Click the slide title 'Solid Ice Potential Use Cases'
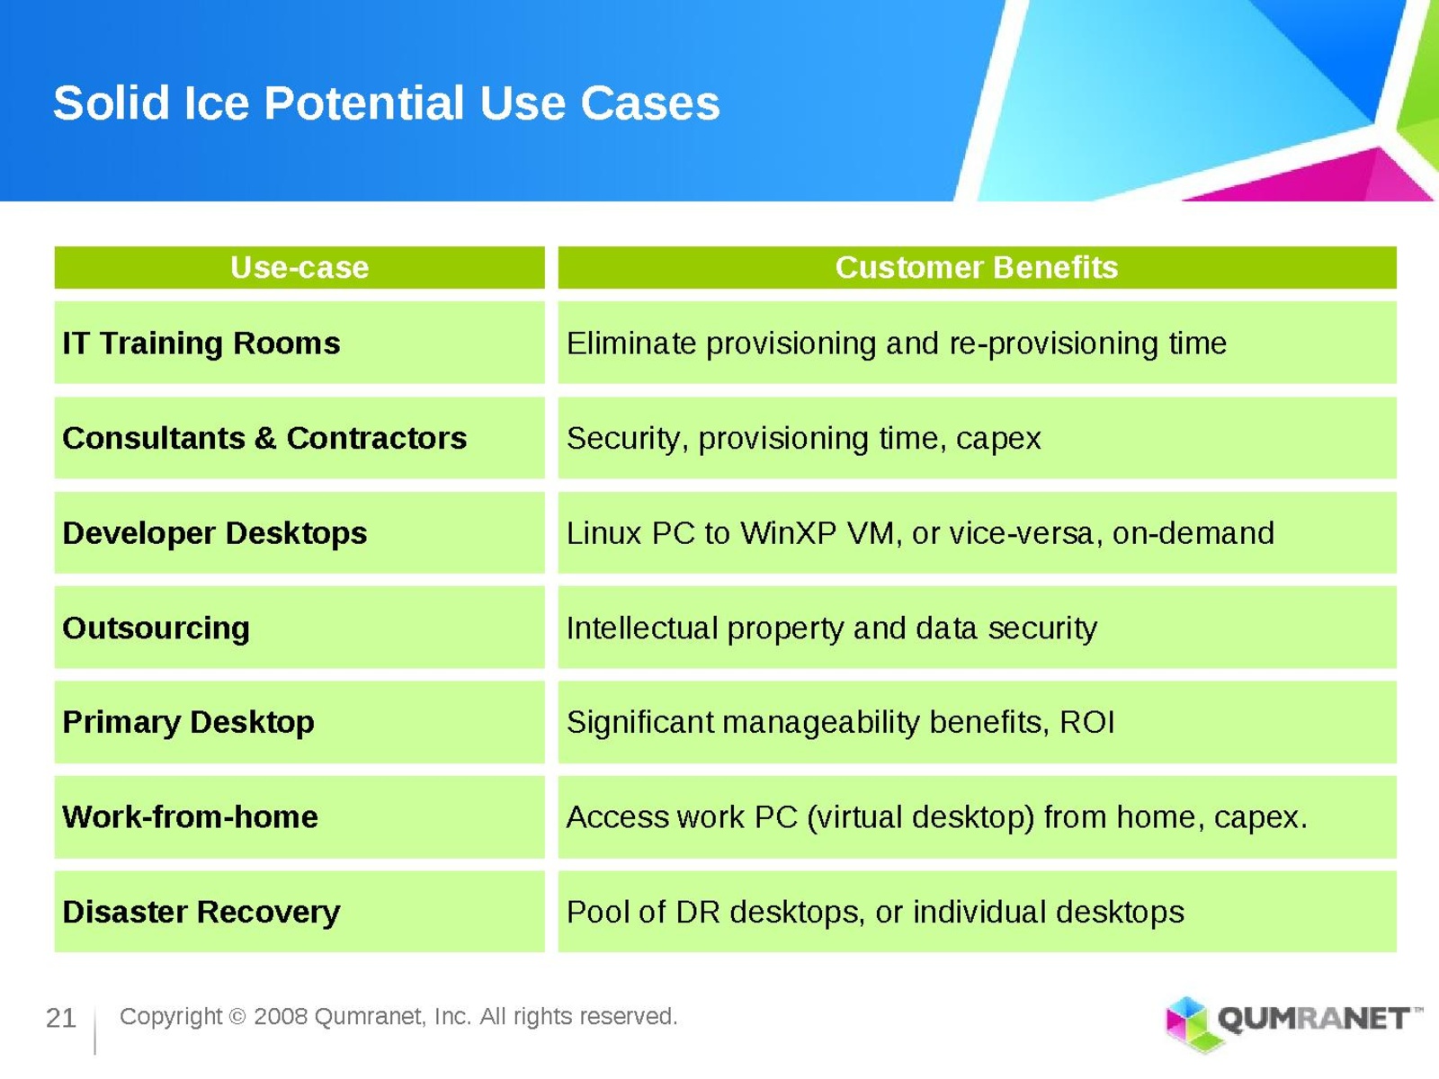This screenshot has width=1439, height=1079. (x=386, y=103)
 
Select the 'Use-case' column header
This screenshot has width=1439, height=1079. (x=299, y=267)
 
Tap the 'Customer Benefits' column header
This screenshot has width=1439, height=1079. (x=976, y=267)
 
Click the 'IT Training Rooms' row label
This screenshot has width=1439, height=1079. (x=201, y=343)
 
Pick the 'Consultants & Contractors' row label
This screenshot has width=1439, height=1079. (x=264, y=438)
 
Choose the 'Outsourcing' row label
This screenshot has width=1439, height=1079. (x=156, y=629)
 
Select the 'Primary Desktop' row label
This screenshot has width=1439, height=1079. (x=188, y=723)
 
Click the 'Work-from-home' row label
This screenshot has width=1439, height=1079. (x=190, y=817)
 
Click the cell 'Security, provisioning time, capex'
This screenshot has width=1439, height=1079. (x=803, y=439)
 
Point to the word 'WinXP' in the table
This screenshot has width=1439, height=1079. (x=788, y=533)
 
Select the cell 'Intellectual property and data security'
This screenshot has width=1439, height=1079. (x=831, y=629)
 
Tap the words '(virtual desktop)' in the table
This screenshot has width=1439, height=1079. (x=920, y=818)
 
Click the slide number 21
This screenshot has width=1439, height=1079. (x=61, y=1018)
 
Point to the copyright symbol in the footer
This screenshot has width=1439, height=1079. (x=237, y=1017)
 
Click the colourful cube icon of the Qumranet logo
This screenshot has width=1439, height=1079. (x=1188, y=1023)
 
